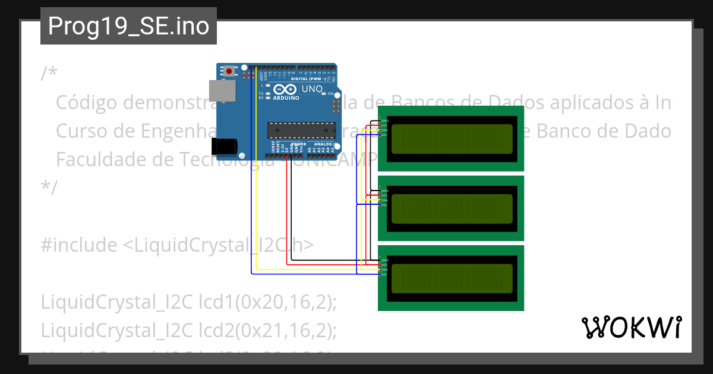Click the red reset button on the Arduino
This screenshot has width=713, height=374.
click(x=229, y=71)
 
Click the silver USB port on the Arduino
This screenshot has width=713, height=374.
click(x=222, y=90)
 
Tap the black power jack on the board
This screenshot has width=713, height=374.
click(x=225, y=145)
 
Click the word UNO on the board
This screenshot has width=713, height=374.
click(x=313, y=89)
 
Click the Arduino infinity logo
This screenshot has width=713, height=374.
click(x=285, y=90)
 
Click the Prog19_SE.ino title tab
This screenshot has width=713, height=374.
click(x=128, y=26)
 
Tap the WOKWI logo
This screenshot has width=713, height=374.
click(x=631, y=328)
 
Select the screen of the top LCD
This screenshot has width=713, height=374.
click(x=452, y=138)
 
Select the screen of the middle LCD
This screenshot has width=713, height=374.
click(x=452, y=208)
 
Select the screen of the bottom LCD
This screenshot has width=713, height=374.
click(x=452, y=278)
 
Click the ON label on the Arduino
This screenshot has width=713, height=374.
click(x=330, y=93)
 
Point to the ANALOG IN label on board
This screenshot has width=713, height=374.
click(x=326, y=144)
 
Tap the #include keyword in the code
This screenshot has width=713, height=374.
click(x=79, y=245)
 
